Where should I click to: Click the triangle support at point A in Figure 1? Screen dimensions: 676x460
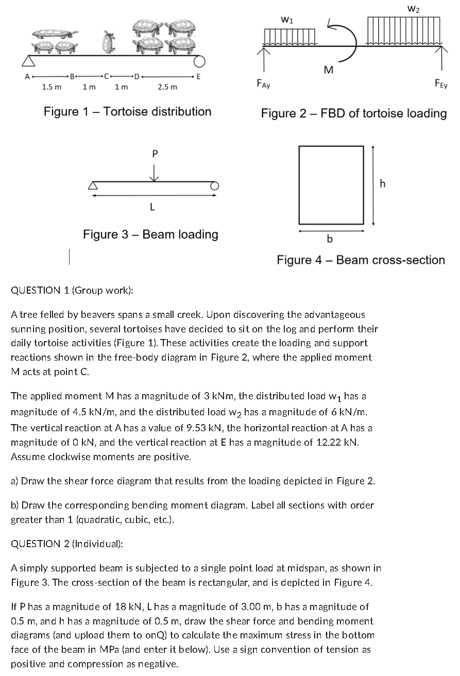pyautogui.click(x=29, y=61)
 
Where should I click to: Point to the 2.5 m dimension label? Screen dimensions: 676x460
pyautogui.click(x=167, y=87)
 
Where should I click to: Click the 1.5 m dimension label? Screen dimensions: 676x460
pyautogui.click(x=52, y=87)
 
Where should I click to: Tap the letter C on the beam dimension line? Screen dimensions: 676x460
pyautogui.click(x=106, y=78)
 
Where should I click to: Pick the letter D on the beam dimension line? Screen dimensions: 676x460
pyautogui.click(x=137, y=78)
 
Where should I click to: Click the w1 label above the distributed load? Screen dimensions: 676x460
pyautogui.click(x=287, y=21)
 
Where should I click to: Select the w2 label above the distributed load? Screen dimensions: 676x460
pyautogui.click(x=413, y=8)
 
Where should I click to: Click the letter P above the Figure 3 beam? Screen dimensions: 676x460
pyautogui.click(x=154, y=154)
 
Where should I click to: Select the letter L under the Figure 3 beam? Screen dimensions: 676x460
pyautogui.click(x=152, y=207)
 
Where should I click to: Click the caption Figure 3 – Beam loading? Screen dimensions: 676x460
pyautogui.click(x=150, y=234)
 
